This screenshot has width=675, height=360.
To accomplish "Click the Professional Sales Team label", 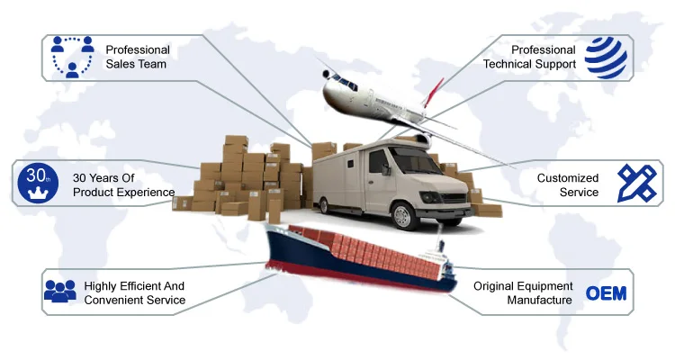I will point(137,57).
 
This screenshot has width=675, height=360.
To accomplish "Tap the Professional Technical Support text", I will point(528,57).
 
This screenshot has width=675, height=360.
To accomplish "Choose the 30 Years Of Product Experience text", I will point(123,185).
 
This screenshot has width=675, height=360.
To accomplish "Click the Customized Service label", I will point(567,185).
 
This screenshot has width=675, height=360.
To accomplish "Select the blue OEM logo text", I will point(606,293).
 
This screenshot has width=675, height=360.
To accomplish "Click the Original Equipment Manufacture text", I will point(523,293).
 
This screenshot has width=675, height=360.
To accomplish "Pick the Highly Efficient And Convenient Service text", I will point(135,293).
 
